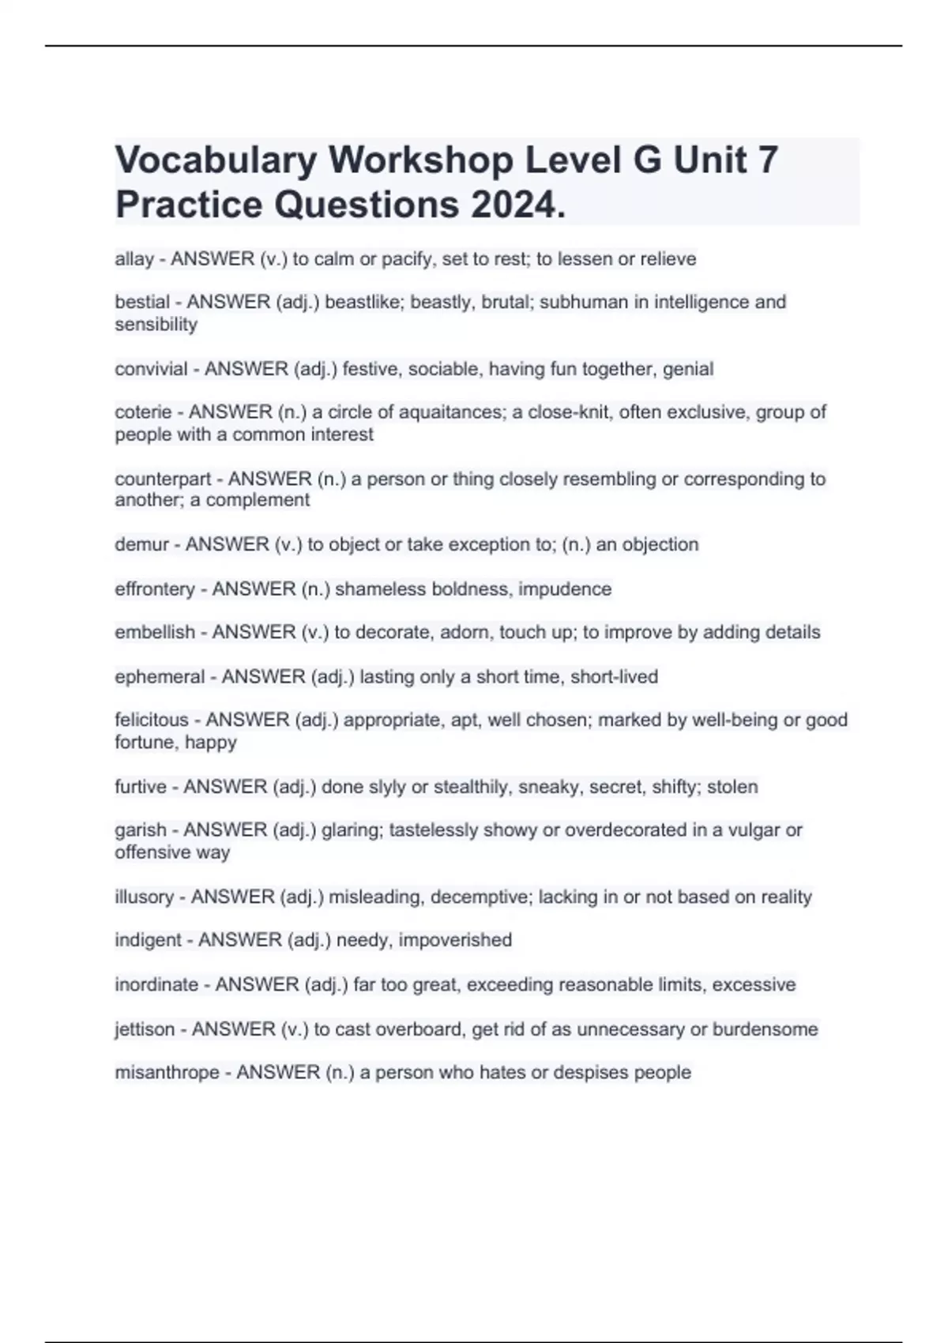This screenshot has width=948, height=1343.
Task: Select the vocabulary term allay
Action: pyautogui.click(x=134, y=259)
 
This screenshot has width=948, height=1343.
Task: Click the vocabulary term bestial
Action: pyautogui.click(x=142, y=302)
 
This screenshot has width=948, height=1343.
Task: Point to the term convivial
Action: pyautogui.click(x=151, y=369)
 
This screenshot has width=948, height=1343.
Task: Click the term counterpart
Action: pyautogui.click(x=163, y=479)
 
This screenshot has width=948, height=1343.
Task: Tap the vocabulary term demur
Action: pyautogui.click(x=141, y=544)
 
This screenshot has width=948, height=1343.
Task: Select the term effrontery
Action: pyautogui.click(x=155, y=589)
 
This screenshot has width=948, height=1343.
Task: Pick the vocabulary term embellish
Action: pyautogui.click(x=155, y=632)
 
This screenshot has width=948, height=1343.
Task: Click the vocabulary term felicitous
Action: pyautogui.click(x=152, y=720)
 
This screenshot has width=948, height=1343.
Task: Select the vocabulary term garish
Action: pyautogui.click(x=141, y=829)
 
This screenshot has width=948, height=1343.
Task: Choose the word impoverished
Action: pyautogui.click(x=455, y=940)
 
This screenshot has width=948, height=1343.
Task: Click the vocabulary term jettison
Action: pyautogui.click(x=145, y=1029)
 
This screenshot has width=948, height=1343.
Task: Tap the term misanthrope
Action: pyautogui.click(x=167, y=1072)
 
